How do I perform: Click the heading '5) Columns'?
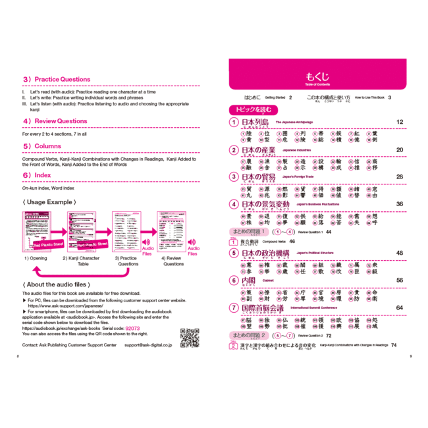[x=42, y=146]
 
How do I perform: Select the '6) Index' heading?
[x=37, y=175]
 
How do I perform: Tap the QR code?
[x=190, y=337]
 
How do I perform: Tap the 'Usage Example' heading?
[x=46, y=201]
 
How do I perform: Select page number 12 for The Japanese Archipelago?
[x=400, y=122]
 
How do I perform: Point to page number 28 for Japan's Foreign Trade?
[x=400, y=176]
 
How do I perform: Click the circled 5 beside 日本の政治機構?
[x=233, y=253]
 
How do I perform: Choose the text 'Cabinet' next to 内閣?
[x=268, y=281]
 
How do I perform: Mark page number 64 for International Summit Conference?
[x=400, y=308]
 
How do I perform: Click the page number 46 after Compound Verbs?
[x=292, y=242]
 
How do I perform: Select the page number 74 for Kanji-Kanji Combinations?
[x=393, y=345]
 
